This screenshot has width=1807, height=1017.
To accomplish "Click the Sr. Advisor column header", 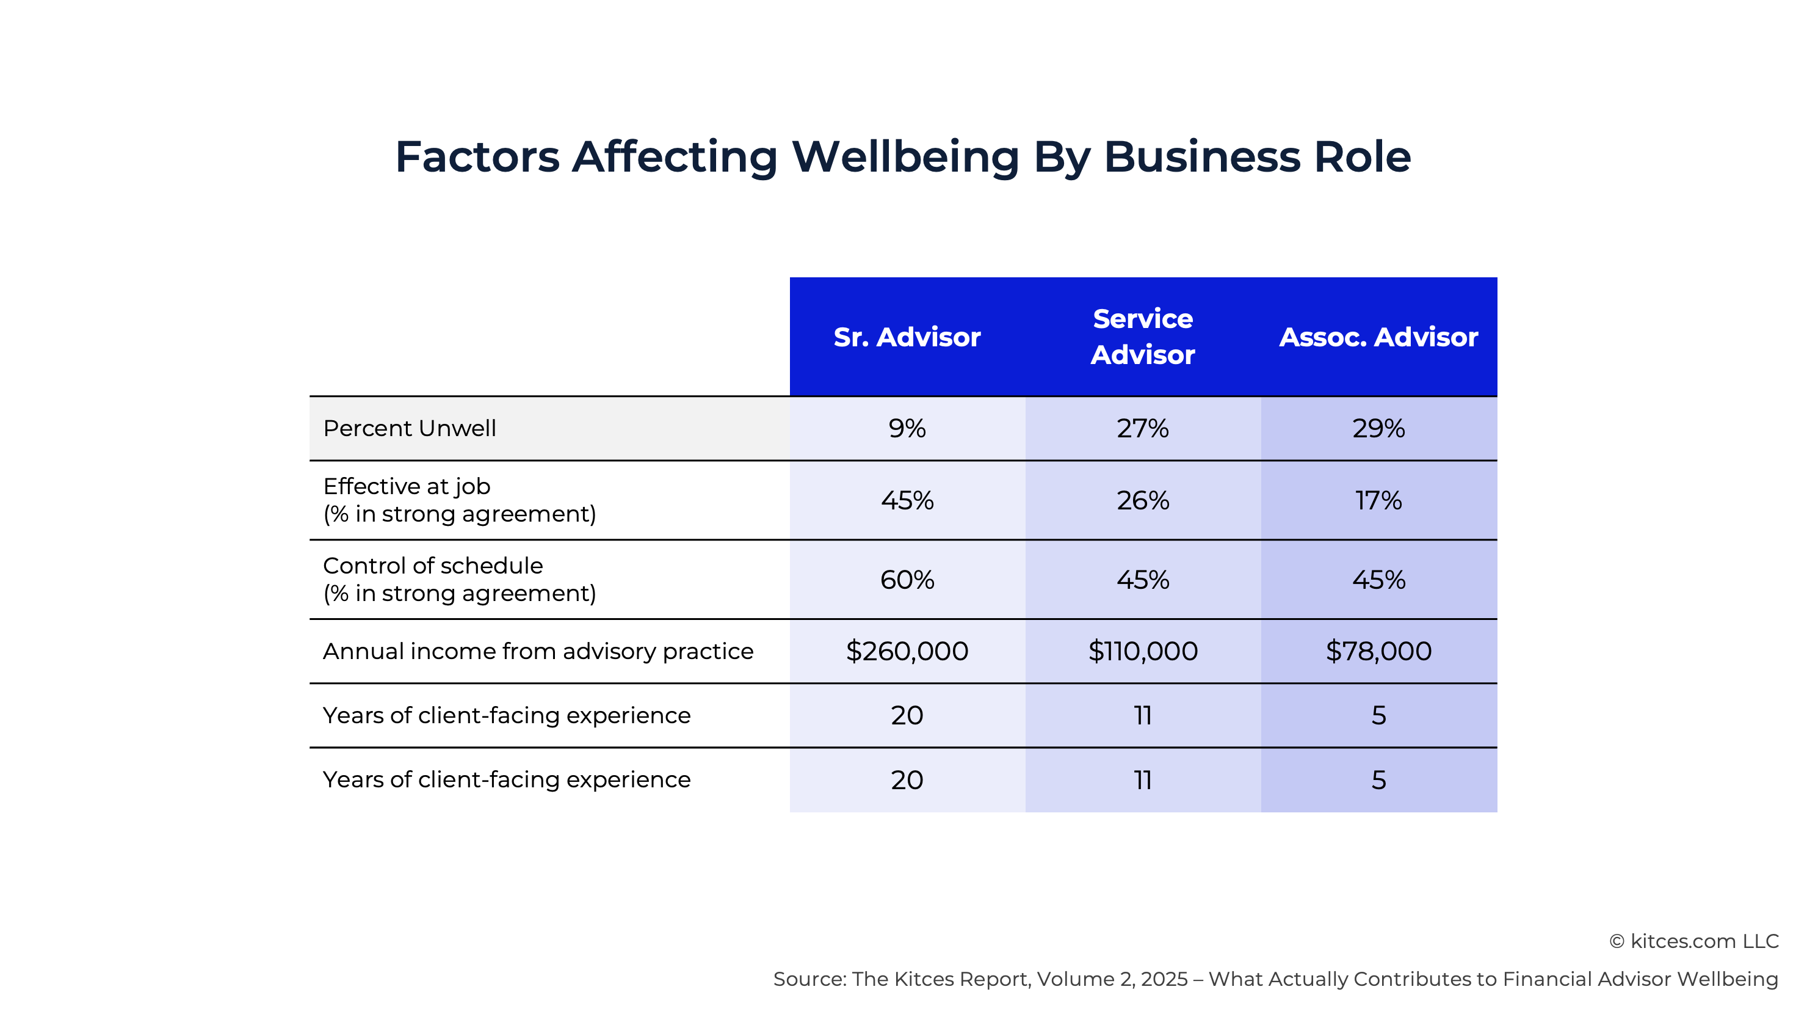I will [907, 337].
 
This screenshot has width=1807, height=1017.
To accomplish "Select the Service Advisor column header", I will [1142, 337].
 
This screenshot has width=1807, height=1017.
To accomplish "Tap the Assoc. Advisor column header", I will [1378, 337].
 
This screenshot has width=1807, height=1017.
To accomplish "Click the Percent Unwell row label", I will [409, 428].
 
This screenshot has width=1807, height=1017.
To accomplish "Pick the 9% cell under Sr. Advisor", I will [907, 428].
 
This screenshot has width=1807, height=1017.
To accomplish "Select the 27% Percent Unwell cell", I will [1142, 428].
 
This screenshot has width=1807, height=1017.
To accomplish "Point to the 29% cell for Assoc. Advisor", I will [1378, 428].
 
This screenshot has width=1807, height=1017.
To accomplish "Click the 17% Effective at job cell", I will [1378, 500].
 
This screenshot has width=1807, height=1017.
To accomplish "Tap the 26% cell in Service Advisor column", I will [1142, 500].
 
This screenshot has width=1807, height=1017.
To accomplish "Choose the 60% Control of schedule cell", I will [907, 580].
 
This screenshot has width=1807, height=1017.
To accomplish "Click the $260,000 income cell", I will [907, 651].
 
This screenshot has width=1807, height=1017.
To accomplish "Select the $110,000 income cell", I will [1142, 651].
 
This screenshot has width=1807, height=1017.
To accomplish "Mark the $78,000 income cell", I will [1378, 651].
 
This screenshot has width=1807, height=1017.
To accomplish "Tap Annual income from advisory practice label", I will [537, 651].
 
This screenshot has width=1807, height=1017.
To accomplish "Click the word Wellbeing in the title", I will [905, 157].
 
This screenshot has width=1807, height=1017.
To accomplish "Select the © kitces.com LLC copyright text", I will [1693, 941].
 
